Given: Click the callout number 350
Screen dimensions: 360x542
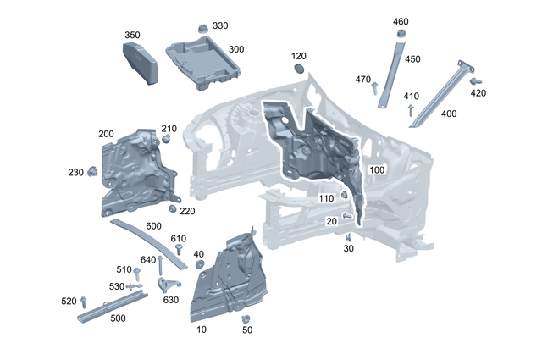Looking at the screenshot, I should (x=132, y=36).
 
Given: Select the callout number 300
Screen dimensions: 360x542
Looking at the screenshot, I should (x=235, y=50).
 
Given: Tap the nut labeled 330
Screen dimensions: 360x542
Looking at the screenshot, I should (x=202, y=28).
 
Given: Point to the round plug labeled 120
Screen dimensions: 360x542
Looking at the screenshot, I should (x=299, y=69).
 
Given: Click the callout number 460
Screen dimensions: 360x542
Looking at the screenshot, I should (x=401, y=21).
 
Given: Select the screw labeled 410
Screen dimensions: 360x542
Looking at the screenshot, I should (x=411, y=109).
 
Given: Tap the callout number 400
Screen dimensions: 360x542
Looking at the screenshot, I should (x=449, y=114).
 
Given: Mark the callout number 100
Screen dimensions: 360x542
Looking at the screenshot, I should (x=377, y=169).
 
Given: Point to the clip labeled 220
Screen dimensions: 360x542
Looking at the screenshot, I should (x=173, y=208).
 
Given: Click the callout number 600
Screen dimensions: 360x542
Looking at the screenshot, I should (x=153, y=226).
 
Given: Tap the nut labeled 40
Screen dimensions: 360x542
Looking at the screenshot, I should (x=200, y=264).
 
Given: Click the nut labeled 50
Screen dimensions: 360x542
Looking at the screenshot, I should (x=246, y=320).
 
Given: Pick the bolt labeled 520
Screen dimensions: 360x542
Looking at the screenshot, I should (x=86, y=302).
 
